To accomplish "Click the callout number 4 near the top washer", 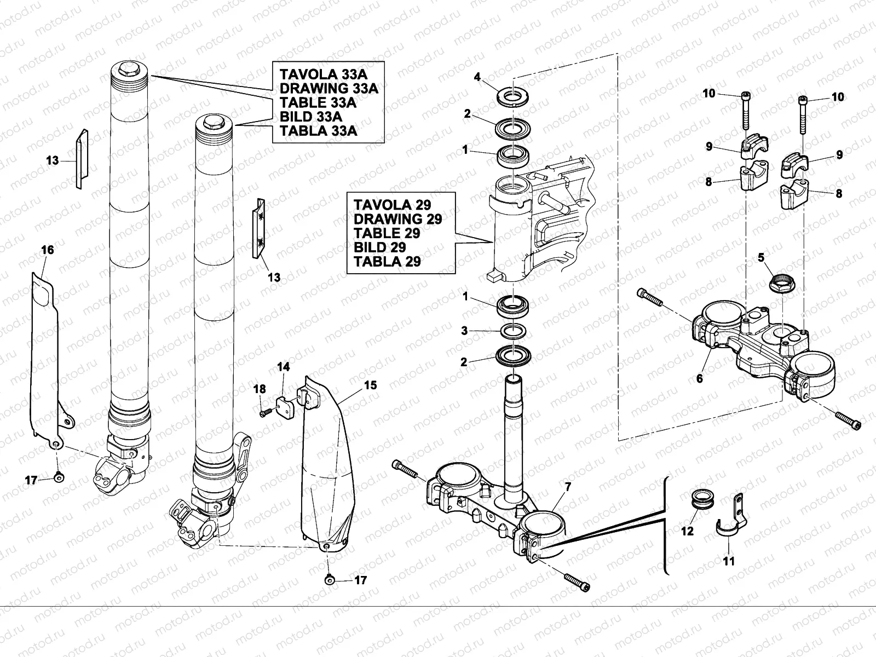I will (477, 77).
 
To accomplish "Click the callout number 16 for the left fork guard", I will (48, 250).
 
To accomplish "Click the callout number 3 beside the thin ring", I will (464, 331).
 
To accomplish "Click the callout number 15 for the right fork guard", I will (370, 385).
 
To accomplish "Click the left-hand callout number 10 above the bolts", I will (709, 94).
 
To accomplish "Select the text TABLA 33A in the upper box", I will (318, 131).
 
